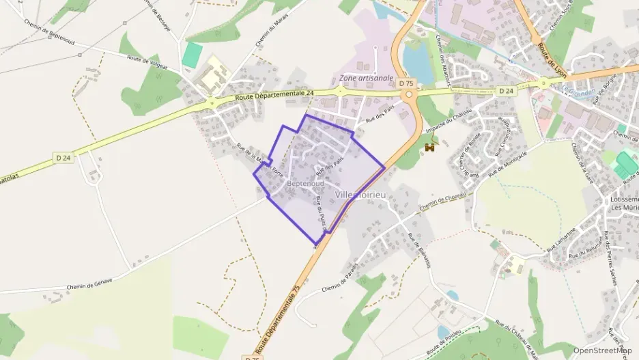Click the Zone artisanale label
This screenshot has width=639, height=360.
[367, 79]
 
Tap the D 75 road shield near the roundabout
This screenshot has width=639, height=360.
[406, 83]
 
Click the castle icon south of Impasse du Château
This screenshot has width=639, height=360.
[430, 146]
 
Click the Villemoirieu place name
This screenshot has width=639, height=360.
[363, 195]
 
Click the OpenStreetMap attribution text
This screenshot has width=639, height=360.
[602, 350]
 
